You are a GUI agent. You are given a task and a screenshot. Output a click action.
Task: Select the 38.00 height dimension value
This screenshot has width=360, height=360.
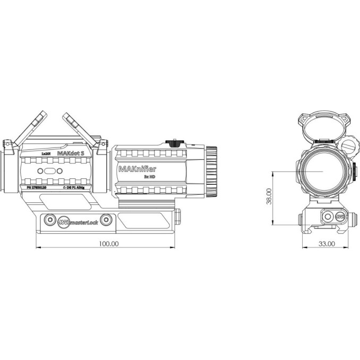pyautogui.click(x=269, y=196)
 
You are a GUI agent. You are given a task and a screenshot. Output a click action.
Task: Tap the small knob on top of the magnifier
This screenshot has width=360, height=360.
pyautogui.click(x=173, y=142)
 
